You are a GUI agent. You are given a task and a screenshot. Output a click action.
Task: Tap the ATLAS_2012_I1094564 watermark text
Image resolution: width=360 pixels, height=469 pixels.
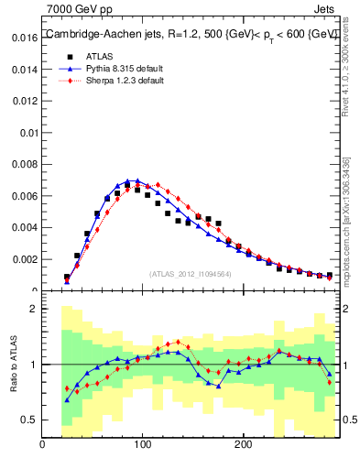[x=191, y=273]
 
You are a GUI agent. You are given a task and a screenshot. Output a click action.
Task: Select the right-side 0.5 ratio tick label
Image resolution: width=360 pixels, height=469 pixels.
[x=348, y=420]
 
